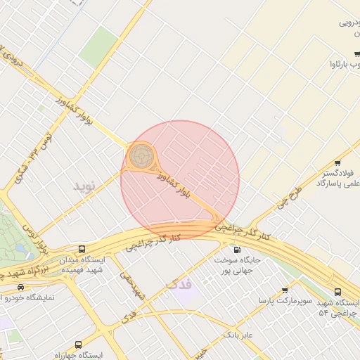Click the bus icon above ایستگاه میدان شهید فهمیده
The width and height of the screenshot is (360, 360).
[83, 249]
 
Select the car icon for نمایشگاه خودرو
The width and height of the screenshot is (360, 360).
[20, 287]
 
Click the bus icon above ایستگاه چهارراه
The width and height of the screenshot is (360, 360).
[77, 345]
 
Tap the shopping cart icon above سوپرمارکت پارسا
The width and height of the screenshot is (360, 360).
[285, 290]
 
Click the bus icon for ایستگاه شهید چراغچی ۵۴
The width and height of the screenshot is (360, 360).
[338, 291]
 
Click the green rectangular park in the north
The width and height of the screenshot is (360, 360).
[98, 48]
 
